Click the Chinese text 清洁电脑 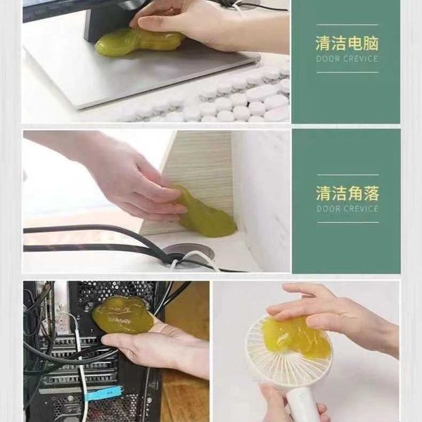tap(347, 44)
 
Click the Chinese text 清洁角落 tap(347, 193)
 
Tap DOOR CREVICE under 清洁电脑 tap(347, 58)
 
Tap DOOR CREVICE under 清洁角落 tap(347, 209)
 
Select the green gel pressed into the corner tap(205, 212)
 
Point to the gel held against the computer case tap(122, 315)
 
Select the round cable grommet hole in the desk tap(188, 255)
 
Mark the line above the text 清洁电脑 tap(347, 25)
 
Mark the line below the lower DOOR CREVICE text tap(348, 222)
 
